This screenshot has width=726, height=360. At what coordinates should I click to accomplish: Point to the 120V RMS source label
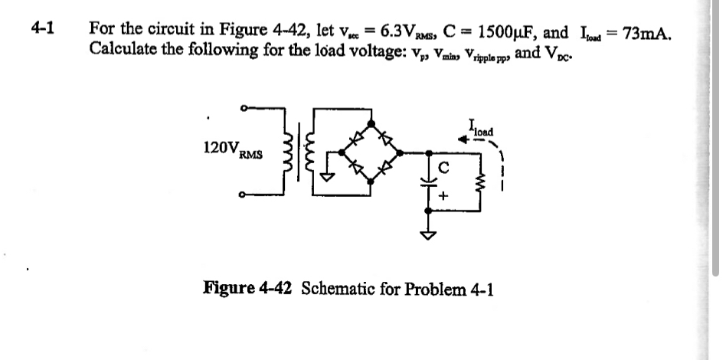coord(232,149)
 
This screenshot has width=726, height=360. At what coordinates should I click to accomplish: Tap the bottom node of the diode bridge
coord(371,182)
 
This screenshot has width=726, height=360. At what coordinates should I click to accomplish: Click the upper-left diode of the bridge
coord(355,137)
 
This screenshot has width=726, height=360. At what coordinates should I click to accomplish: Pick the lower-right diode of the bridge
coord(388,166)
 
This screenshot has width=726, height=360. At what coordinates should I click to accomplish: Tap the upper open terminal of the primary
coord(243,110)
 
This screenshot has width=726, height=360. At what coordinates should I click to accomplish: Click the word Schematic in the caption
coord(345,289)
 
